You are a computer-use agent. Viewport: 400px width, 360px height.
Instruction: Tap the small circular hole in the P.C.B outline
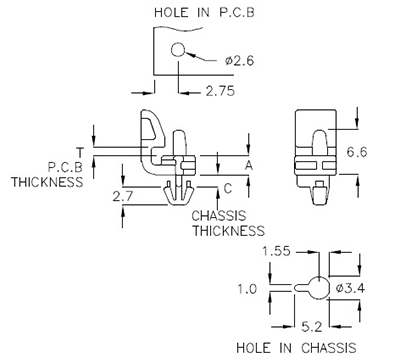tap(178, 51)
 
